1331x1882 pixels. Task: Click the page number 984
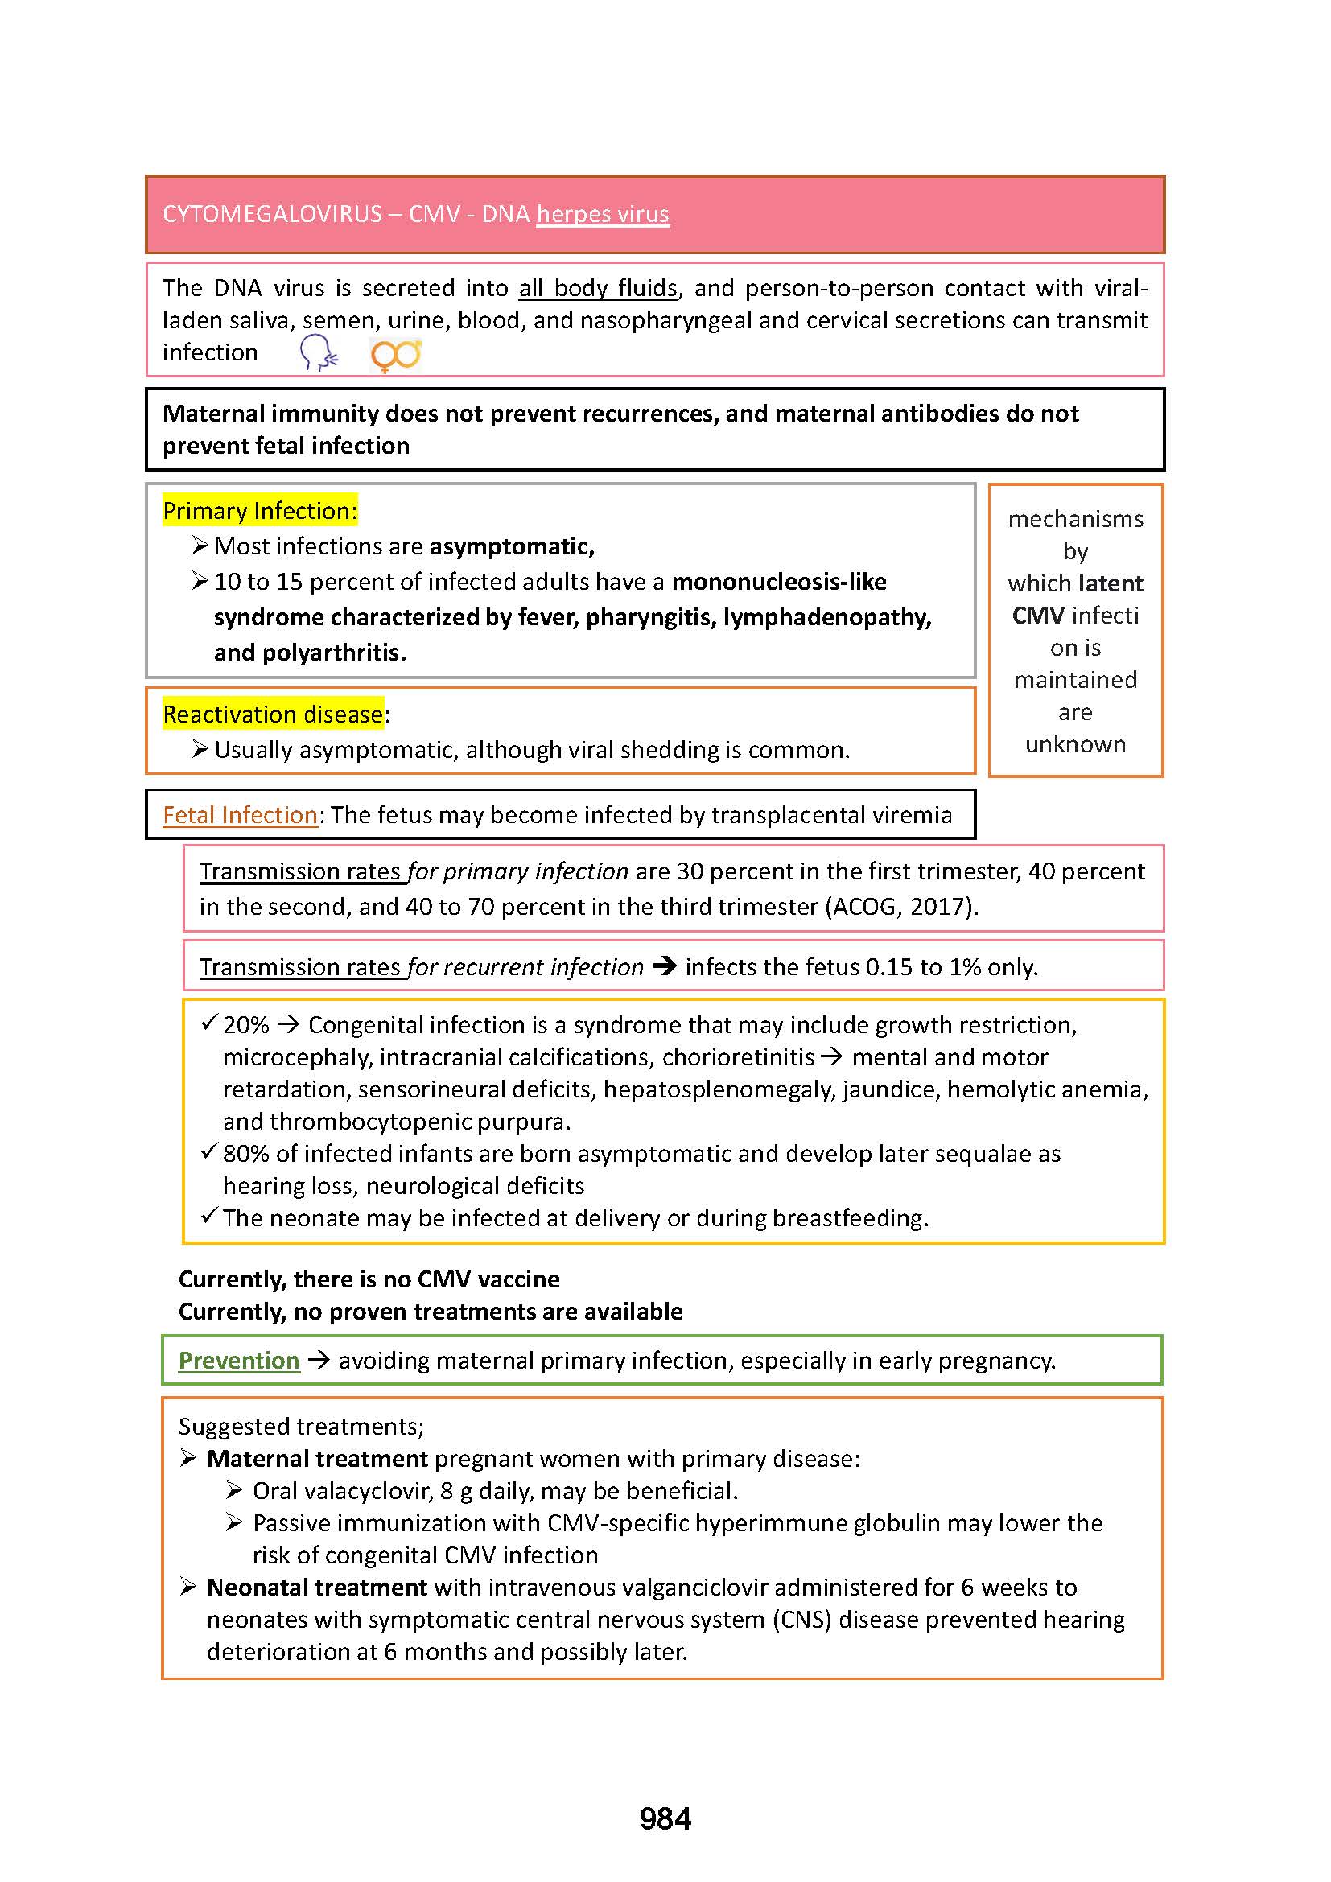coord(665,1818)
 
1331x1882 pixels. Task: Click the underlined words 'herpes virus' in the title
coord(603,214)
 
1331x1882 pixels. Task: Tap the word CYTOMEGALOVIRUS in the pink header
coord(272,214)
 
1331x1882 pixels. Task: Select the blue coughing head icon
coord(318,353)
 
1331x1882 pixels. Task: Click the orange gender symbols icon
coord(396,355)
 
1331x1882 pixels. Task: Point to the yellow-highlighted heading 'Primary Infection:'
coord(260,511)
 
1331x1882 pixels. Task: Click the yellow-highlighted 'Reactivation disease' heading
coord(273,714)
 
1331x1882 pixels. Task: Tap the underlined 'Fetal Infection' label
coord(240,815)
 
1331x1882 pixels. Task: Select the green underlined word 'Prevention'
coord(239,1360)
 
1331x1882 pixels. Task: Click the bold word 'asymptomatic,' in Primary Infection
coord(513,546)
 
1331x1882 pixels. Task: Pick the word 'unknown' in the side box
coord(1075,744)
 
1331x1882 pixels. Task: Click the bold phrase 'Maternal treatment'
coord(317,1458)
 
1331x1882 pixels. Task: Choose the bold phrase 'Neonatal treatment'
coord(317,1587)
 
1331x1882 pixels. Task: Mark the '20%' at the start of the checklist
coord(246,1024)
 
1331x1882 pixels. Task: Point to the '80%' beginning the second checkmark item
coord(246,1153)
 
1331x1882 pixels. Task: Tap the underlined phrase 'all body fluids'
coord(598,288)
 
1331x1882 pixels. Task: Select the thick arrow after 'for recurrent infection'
coord(665,966)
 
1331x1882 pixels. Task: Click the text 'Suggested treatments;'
coord(302,1427)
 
